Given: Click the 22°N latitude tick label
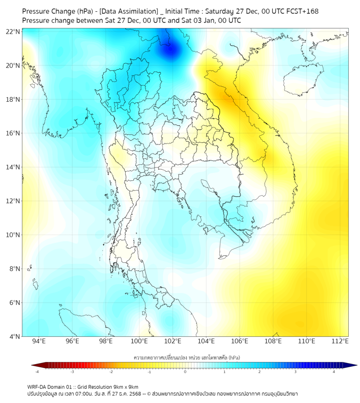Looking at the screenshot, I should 13,31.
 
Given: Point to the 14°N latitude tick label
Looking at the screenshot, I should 13,167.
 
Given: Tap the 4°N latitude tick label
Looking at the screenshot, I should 15,336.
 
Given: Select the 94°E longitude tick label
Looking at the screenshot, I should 39,341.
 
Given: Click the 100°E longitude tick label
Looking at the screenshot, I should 140,341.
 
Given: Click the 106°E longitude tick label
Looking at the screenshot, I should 240,341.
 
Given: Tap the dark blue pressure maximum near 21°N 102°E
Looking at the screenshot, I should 171,51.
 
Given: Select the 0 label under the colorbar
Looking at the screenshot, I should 185,372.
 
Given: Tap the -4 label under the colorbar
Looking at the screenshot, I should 37,372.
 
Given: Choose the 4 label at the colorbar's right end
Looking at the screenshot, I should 333,372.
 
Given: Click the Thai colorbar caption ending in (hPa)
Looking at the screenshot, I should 186,355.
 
